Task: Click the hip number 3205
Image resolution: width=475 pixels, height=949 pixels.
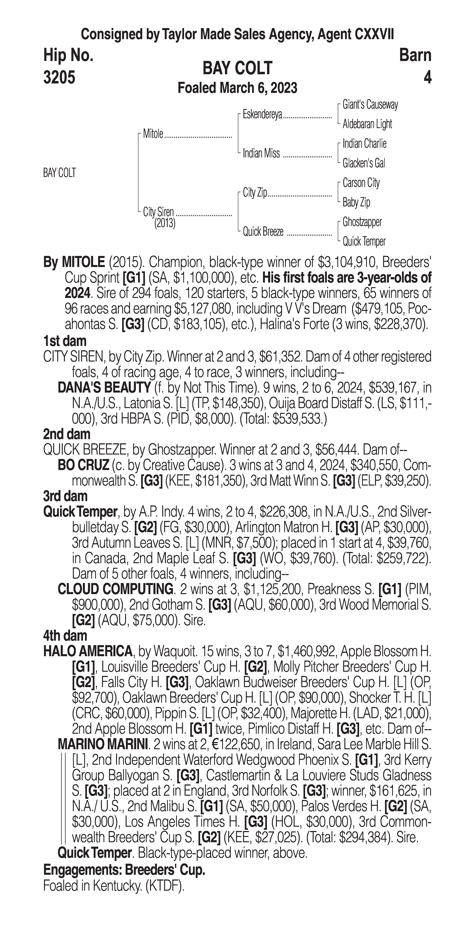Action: [x=59, y=77]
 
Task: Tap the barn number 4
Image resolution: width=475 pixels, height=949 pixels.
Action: [x=427, y=77]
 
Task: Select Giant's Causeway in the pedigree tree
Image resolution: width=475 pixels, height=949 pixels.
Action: [x=370, y=105]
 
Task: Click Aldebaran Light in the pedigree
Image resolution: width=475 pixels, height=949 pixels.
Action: [x=367, y=124]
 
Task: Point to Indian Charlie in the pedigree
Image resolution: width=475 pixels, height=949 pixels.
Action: [x=364, y=144]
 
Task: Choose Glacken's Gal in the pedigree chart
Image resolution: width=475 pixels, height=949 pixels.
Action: [x=364, y=163]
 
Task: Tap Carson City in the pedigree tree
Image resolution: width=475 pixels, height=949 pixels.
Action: [x=361, y=183]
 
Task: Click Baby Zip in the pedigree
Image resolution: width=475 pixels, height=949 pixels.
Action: [x=356, y=202]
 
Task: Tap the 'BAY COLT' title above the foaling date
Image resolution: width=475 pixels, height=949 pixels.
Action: [x=237, y=68]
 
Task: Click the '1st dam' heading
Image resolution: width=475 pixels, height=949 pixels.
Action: [x=65, y=341]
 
